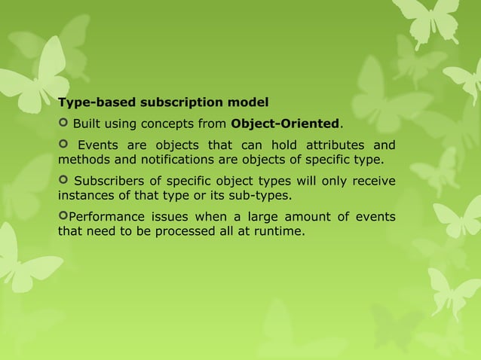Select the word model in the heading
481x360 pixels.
tap(247, 102)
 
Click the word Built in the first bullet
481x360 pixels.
tap(86, 124)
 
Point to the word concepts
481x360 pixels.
tap(167, 124)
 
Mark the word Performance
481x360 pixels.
tap(102, 218)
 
